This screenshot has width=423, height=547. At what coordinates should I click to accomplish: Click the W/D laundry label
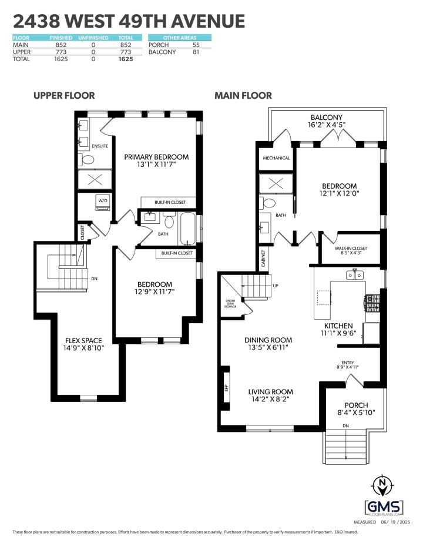(103, 200)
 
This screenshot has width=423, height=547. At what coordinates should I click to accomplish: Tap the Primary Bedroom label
(156, 157)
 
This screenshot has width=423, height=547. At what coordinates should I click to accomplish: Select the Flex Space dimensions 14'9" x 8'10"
(83, 348)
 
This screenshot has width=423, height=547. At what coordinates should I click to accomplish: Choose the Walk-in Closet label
(351, 249)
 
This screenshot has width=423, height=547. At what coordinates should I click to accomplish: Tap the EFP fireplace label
(226, 387)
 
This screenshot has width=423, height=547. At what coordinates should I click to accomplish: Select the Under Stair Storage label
(230, 303)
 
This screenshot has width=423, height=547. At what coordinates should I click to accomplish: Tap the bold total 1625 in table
(125, 59)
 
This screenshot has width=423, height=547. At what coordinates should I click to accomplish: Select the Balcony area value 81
(196, 52)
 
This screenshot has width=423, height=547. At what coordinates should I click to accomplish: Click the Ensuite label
(100, 146)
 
